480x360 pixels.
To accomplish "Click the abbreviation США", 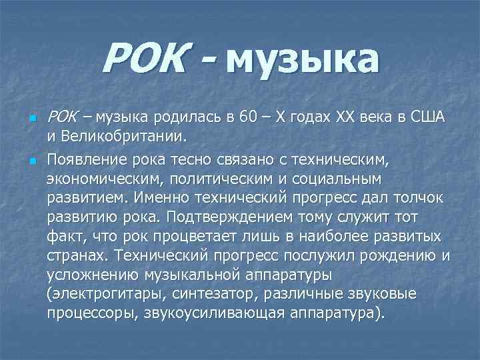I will tap(429, 119).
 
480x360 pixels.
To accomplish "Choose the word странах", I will tap(78, 255).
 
